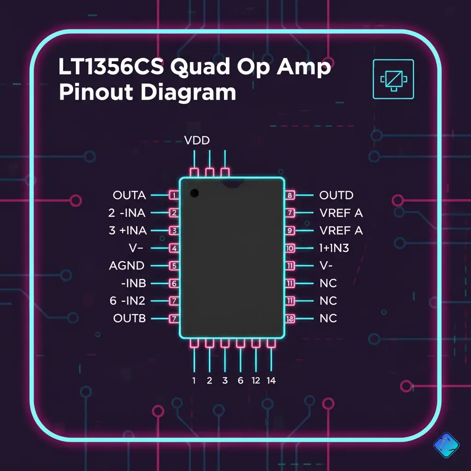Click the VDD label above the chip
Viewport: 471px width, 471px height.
[x=197, y=140]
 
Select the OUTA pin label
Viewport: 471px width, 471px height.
[x=129, y=195]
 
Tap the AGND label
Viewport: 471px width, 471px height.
[x=126, y=265]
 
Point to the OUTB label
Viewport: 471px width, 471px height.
[x=129, y=318]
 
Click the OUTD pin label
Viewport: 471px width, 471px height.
[x=336, y=195]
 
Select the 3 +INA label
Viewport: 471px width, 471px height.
[x=128, y=230]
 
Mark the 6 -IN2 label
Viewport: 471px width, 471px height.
[x=127, y=301]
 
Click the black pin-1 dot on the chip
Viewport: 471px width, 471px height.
[x=194, y=193]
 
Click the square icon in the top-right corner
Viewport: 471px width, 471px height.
[x=393, y=79]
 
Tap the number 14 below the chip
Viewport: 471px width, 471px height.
[x=271, y=380]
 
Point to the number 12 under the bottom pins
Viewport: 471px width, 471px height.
[x=256, y=380]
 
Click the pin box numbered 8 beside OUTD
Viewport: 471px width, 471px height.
[x=290, y=195]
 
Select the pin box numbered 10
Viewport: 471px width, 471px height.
[x=290, y=248]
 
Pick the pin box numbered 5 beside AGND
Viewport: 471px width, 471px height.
[x=174, y=265]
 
